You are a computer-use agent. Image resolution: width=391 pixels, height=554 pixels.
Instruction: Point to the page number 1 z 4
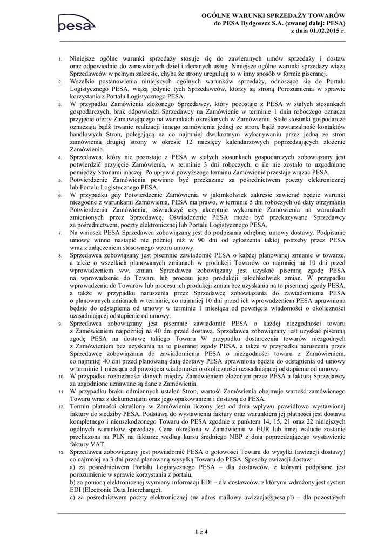tap(201, 531)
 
